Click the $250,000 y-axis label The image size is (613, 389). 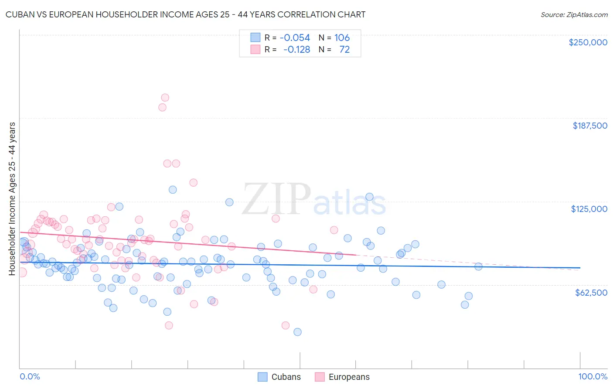[588, 42]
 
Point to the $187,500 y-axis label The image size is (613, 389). [589, 126]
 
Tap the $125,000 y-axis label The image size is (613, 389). [589, 209]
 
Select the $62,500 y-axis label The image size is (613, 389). [591, 293]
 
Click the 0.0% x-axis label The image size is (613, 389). [30, 376]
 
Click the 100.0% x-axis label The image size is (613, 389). [593, 376]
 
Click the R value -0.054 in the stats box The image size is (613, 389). [295, 38]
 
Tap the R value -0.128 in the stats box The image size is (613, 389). [296, 50]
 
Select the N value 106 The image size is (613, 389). [342, 38]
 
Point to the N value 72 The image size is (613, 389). [344, 50]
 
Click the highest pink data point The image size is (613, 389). [165, 98]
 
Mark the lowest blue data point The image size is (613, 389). [297, 332]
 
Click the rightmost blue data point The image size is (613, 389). [478, 266]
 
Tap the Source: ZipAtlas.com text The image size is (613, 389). [574, 15]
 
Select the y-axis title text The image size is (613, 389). [12, 199]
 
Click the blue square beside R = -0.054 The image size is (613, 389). [255, 38]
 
